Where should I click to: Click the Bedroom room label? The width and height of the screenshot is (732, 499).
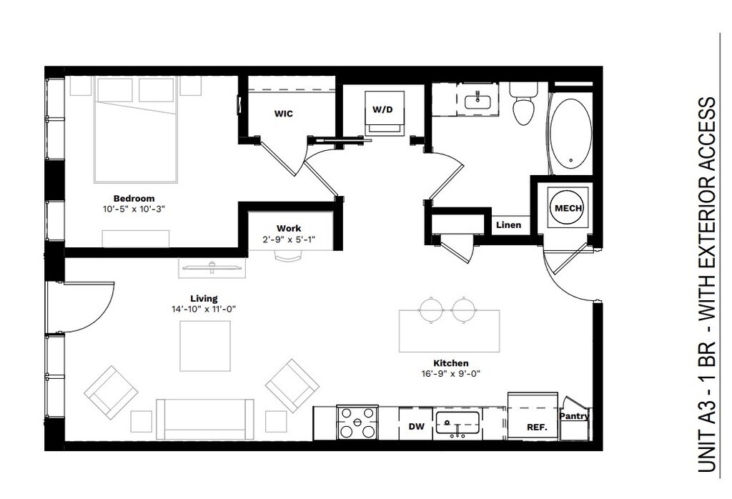point(134,199)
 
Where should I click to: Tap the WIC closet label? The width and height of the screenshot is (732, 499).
point(283,114)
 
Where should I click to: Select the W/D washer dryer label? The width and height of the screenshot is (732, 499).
point(382,109)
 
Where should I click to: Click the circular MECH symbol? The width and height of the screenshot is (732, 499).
point(568,208)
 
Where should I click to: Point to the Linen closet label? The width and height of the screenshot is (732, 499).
point(508,225)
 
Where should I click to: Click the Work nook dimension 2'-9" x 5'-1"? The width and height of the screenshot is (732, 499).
point(289,239)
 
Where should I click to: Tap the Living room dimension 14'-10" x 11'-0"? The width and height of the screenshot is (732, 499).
point(204,309)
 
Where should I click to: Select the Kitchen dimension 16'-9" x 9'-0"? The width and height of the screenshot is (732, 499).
point(450,373)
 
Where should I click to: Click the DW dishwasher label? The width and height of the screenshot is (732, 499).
point(417,426)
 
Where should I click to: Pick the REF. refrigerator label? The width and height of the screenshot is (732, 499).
point(537,427)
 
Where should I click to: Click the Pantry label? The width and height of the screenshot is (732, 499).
point(574,416)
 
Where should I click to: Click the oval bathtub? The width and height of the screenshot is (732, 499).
point(570,133)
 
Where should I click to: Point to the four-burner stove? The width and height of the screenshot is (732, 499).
point(357,423)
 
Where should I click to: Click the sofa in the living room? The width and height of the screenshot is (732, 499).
point(205,420)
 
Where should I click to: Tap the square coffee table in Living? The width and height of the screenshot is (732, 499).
point(205,346)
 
